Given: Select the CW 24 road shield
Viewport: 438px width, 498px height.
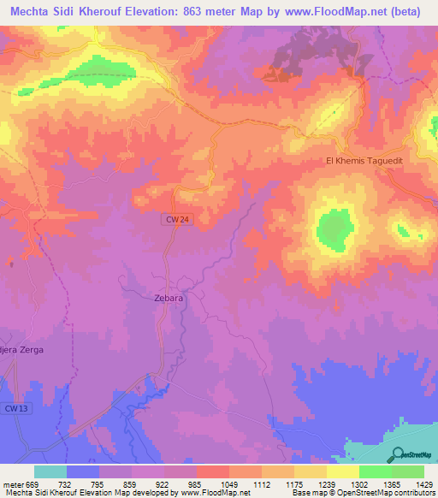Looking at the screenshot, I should (175, 221).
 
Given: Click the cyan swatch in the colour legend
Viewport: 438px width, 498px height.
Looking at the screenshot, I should (50, 471).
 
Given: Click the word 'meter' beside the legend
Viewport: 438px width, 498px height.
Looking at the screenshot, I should (13, 483).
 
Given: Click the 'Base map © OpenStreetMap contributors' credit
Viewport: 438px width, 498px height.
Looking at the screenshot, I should (362, 493).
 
